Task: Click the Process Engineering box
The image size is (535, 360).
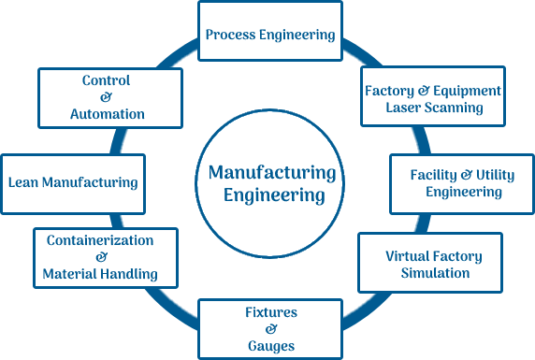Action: tap(270, 31)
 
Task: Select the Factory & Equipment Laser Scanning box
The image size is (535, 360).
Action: tap(433, 97)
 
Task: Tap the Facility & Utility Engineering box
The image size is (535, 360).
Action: tap(455, 183)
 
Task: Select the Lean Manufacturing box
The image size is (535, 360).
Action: tap(73, 183)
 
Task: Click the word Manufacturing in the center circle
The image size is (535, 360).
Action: tap(271, 174)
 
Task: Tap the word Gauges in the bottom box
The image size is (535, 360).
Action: tap(270, 346)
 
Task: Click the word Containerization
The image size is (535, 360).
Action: tap(99, 240)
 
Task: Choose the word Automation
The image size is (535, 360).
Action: tap(107, 114)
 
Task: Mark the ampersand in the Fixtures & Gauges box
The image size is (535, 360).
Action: tap(270, 329)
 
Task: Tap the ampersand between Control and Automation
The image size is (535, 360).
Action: tap(106, 97)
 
